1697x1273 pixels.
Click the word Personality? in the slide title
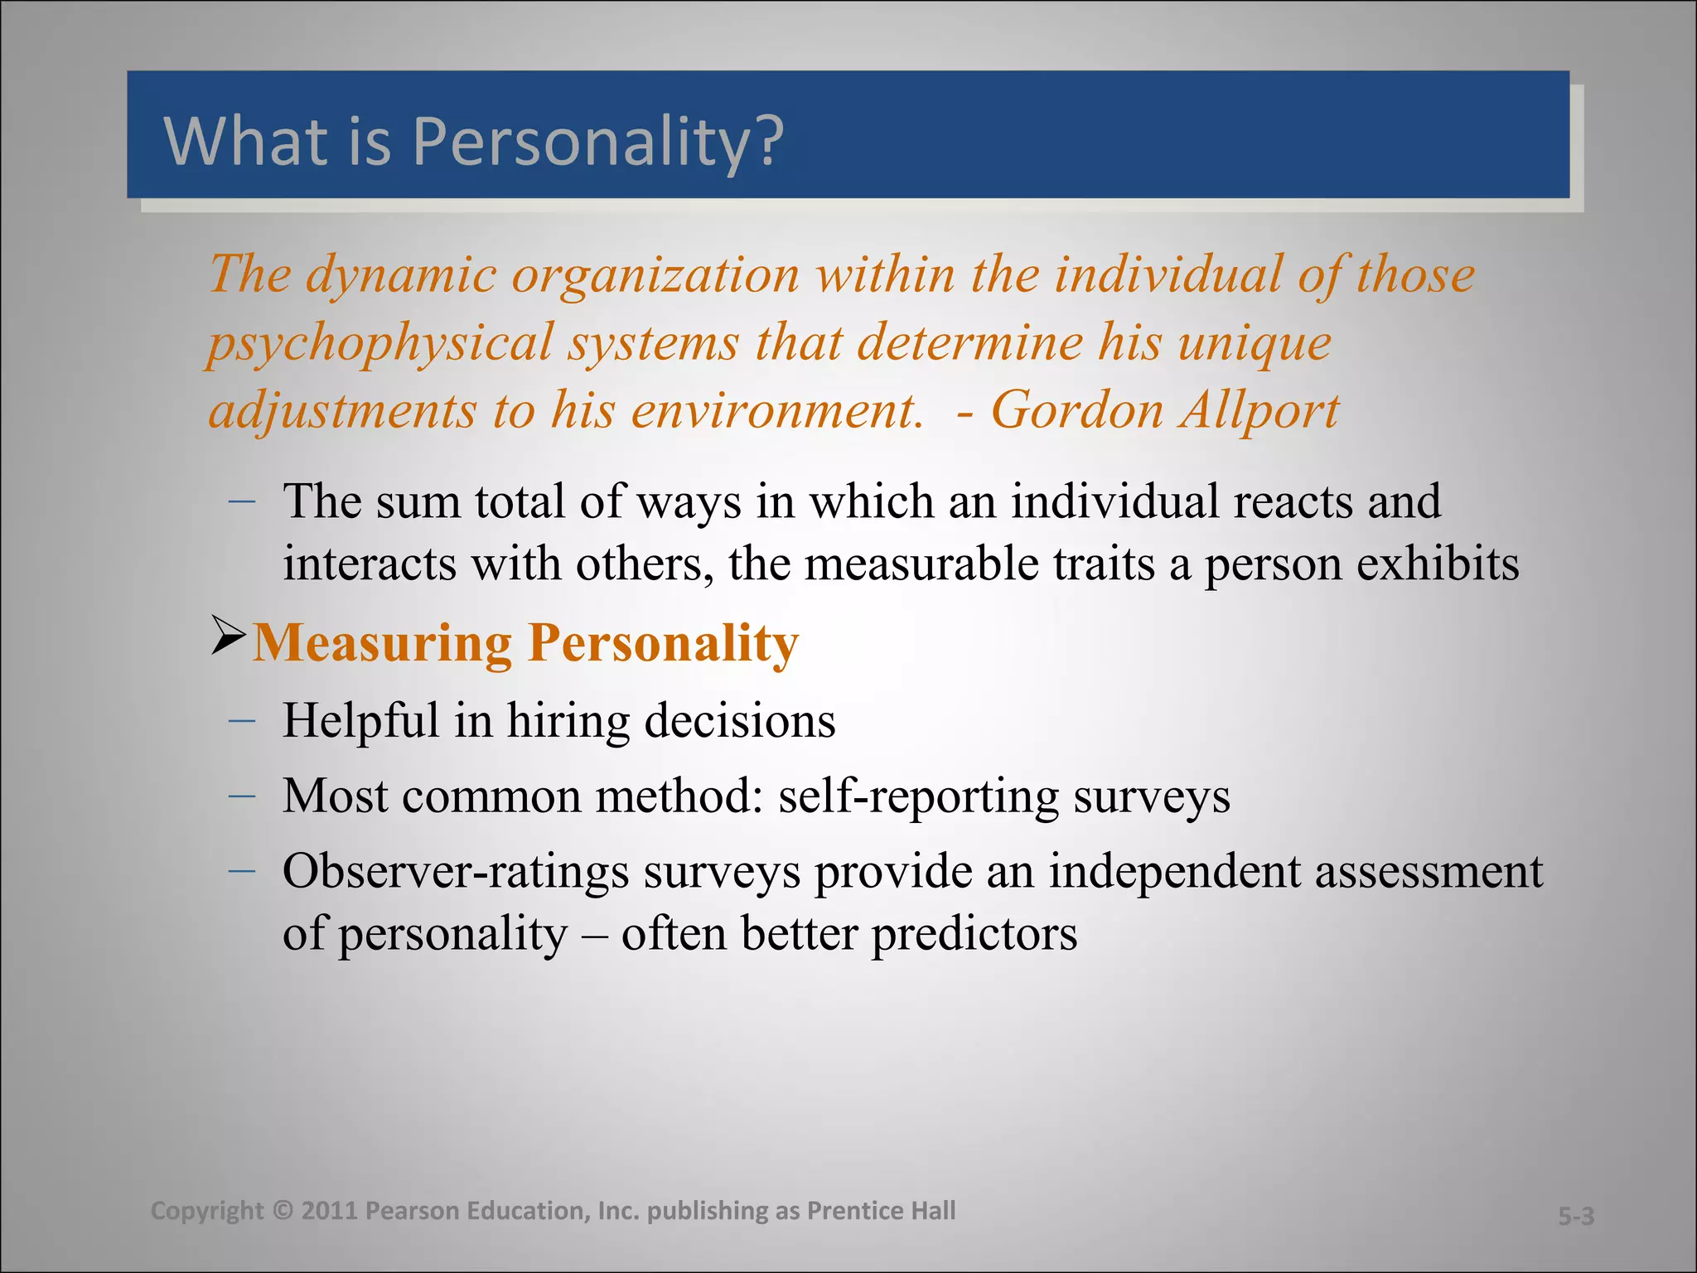point(597,141)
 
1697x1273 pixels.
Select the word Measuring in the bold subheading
point(382,643)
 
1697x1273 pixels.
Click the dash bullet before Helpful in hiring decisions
point(241,721)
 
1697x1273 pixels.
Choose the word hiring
point(568,721)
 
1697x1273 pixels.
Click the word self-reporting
point(918,796)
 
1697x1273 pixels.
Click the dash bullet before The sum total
point(241,501)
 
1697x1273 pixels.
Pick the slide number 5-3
point(1575,1217)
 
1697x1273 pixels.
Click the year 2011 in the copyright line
point(328,1211)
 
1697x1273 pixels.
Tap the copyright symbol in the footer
point(283,1211)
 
